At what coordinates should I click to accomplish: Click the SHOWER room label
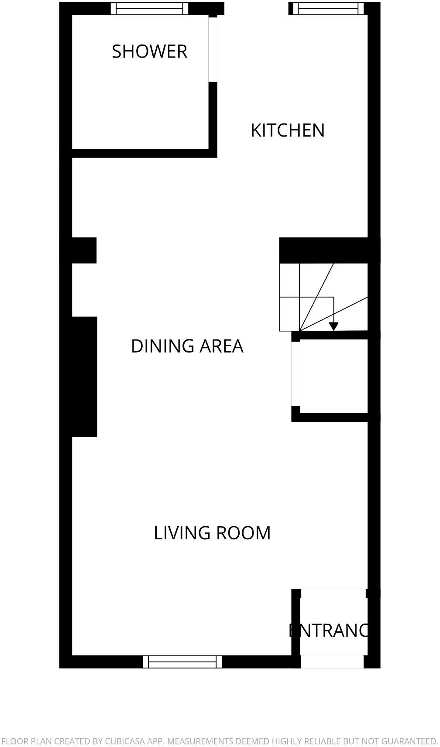pos(149,51)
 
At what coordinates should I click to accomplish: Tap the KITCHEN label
pos(288,130)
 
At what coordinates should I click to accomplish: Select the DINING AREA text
pos(187,346)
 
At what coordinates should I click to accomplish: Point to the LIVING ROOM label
pos(212,533)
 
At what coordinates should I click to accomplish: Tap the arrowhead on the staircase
pos(333,326)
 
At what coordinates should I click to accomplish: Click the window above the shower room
pos(149,8)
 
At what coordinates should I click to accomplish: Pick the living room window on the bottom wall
pos(182,661)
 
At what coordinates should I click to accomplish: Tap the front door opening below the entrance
pos(332,661)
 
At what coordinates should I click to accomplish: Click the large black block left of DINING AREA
pos(84,376)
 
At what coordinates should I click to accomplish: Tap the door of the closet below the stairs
pos(296,373)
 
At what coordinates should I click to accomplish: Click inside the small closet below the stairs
pos(333,375)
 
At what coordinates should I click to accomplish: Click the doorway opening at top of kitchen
pos(256,8)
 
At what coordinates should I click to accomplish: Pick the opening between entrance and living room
pos(333,593)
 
